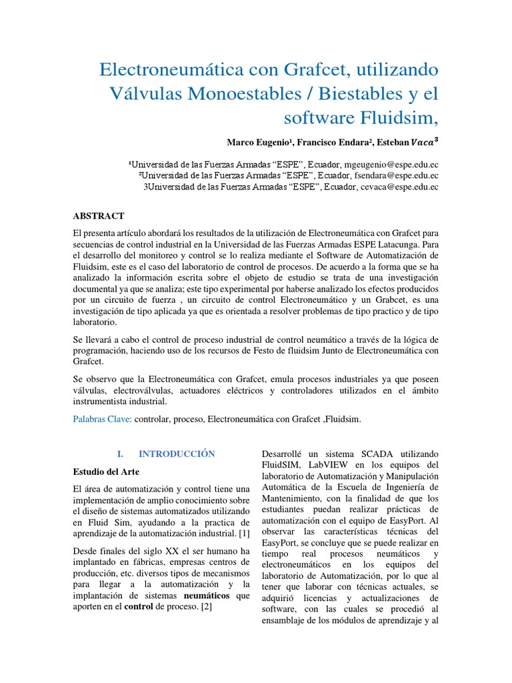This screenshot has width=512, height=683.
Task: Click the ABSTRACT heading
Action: click(98, 216)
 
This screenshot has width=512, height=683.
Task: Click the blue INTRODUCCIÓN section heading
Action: click(177, 454)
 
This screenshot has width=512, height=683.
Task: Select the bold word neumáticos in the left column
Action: click(207, 596)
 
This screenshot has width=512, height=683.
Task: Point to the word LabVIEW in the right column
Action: click(329, 464)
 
